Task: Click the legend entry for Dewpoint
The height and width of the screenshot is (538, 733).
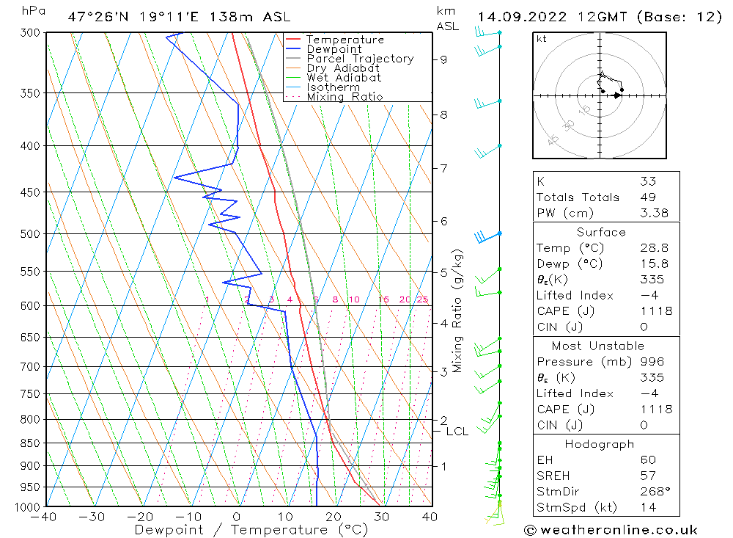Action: click(x=334, y=49)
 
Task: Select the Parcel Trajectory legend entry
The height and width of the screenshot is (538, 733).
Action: click(x=360, y=59)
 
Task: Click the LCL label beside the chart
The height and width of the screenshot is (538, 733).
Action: click(x=457, y=432)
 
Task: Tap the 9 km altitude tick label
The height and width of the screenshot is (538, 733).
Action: click(x=443, y=59)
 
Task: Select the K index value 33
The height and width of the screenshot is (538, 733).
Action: click(x=647, y=181)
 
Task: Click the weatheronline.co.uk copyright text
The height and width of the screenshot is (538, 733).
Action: click(x=611, y=530)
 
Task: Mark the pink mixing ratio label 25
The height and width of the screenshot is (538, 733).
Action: click(x=422, y=299)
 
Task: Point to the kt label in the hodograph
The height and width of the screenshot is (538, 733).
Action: click(x=541, y=39)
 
